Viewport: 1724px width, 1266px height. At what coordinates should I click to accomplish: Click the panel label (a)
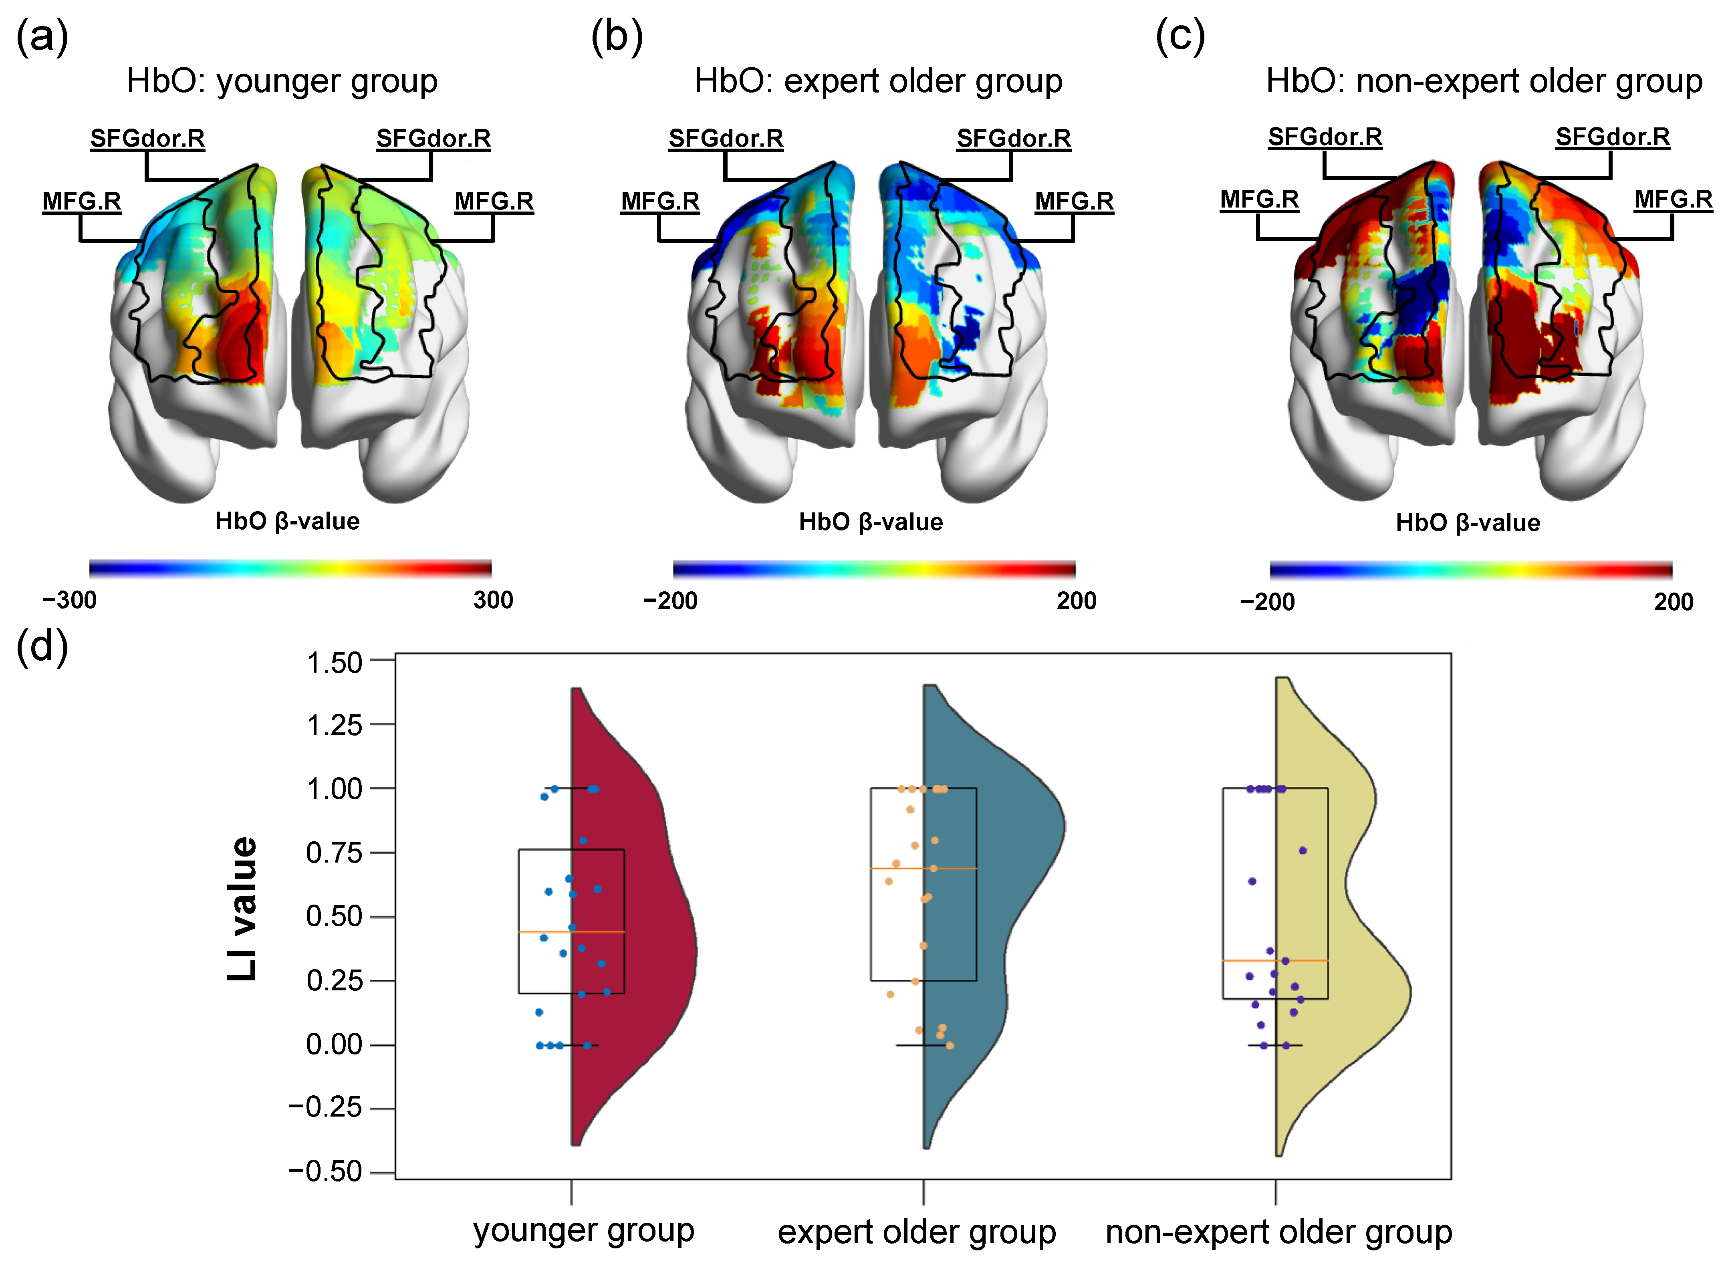click(x=42, y=37)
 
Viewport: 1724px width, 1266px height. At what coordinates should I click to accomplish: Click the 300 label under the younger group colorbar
click(x=493, y=600)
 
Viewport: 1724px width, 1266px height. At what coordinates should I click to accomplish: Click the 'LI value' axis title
click(x=243, y=908)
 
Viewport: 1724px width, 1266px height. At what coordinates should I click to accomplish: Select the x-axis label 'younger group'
click(x=584, y=1231)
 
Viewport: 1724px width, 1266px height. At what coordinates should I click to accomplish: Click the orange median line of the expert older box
click(x=923, y=868)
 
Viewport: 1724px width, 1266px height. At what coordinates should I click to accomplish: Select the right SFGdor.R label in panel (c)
click(x=1612, y=137)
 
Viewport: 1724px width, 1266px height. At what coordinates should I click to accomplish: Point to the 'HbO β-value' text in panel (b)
click(x=871, y=522)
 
